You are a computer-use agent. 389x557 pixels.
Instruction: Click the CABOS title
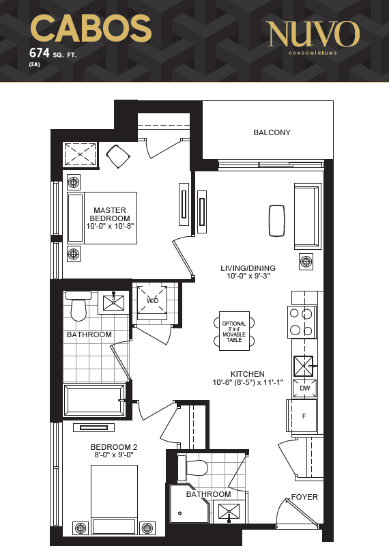(91, 29)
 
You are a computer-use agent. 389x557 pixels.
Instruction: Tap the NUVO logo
(314, 34)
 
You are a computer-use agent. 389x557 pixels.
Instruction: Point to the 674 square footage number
(39, 53)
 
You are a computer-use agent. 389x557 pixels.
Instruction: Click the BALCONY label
(272, 132)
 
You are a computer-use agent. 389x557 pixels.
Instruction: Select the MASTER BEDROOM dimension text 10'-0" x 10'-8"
(110, 226)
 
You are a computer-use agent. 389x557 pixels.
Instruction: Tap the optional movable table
(234, 331)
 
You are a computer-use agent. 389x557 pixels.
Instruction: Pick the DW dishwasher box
(304, 388)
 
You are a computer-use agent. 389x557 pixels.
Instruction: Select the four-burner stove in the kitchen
(302, 322)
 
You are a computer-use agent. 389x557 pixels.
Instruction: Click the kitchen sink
(304, 367)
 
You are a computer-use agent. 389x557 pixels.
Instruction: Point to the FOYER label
(304, 497)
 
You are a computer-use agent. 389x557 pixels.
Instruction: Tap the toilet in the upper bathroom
(78, 305)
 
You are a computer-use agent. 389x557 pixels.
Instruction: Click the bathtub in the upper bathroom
(94, 400)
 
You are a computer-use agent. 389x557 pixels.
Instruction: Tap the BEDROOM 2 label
(114, 447)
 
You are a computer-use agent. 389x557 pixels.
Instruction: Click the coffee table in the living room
(277, 220)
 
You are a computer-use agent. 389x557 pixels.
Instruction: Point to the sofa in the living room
(307, 216)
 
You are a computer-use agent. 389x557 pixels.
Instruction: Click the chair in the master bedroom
(118, 156)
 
